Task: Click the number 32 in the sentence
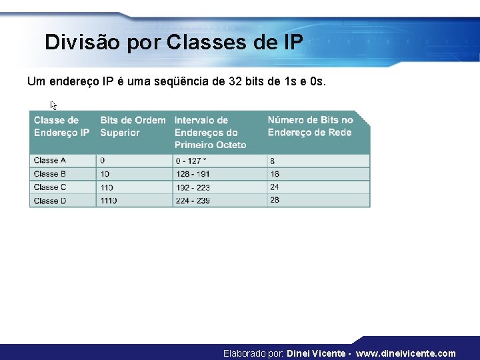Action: pos(235,82)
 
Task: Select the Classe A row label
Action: pos(50,161)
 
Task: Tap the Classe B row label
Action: pos(50,174)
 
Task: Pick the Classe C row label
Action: pos(50,187)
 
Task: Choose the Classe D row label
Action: pos(50,200)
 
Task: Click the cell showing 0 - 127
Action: pos(191,161)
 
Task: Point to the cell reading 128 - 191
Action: pos(192,174)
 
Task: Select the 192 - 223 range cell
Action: pos(192,187)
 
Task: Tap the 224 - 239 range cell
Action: pos(192,200)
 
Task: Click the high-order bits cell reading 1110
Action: pos(109,200)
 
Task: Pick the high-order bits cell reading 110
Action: pos(107,187)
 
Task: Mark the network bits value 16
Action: pos(275,174)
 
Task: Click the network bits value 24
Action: pos(275,187)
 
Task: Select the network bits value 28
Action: pos(275,200)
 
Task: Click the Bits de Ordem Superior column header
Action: pos(133,127)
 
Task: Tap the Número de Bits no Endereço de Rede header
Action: pos(310,127)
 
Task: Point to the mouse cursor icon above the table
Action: pos(54,105)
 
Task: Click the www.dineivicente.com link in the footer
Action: pos(407,353)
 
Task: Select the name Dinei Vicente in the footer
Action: pos(316,353)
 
